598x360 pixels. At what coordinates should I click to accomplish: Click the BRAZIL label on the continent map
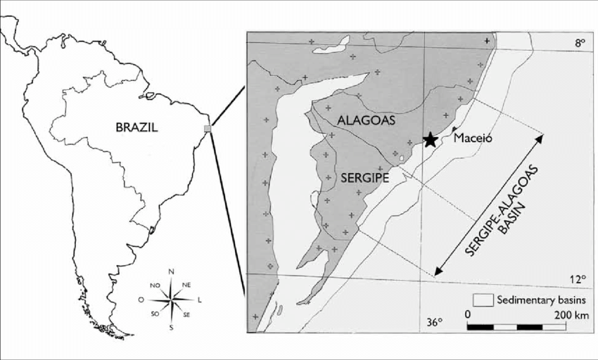[x=138, y=127]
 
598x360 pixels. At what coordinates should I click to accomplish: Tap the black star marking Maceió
[x=429, y=140]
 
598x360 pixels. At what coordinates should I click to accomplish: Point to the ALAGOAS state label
[x=367, y=120]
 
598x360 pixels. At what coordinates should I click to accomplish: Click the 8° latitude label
[x=579, y=44]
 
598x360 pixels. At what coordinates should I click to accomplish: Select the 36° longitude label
[x=435, y=323]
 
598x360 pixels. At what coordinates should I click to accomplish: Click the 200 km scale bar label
[x=572, y=314]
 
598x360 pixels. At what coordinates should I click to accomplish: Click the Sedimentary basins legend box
[x=482, y=300]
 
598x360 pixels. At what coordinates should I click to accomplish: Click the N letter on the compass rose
[x=171, y=271]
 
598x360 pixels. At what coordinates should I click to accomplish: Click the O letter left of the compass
[x=141, y=300]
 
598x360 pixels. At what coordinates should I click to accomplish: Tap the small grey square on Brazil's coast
[x=207, y=128]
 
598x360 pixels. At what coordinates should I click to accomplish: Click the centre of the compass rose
[x=171, y=300]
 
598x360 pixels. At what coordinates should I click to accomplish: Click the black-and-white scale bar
[x=517, y=327]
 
